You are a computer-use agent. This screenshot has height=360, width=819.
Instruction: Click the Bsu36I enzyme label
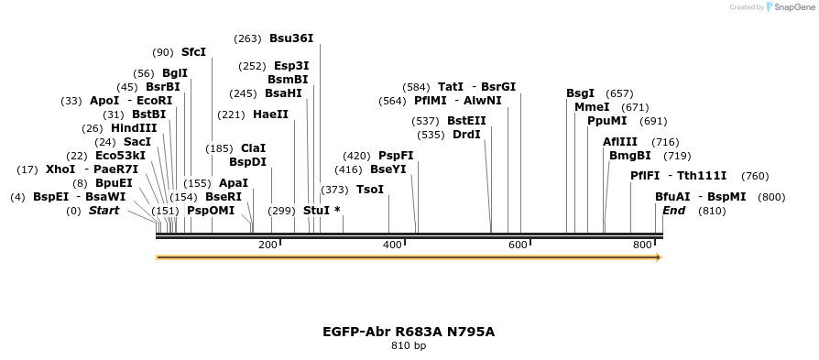tap(291, 38)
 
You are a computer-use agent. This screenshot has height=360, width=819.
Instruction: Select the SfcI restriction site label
tap(193, 52)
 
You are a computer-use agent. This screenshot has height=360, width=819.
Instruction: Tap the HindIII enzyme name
tap(134, 128)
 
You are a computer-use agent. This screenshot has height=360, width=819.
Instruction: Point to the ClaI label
tap(253, 147)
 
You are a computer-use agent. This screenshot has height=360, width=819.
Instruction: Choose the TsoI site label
tap(370, 190)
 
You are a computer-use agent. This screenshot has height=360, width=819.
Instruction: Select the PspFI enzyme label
tap(396, 156)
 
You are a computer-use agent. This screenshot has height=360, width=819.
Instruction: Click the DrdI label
tap(466, 135)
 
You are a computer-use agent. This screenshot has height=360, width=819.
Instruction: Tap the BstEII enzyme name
tap(466, 121)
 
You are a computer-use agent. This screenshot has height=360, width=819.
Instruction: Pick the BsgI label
tap(580, 93)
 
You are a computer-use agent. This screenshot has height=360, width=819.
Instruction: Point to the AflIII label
tap(620, 142)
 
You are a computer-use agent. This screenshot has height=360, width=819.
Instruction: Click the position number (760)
tap(755, 176)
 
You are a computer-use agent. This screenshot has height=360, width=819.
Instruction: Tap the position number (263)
tap(247, 38)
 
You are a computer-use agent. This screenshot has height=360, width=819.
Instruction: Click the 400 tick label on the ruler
tap(392, 245)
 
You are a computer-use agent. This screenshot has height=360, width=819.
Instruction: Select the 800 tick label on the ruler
tap(642, 245)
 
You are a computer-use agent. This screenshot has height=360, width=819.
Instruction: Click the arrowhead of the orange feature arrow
tap(657, 257)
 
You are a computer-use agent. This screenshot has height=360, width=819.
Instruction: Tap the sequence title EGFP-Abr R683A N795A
tap(409, 332)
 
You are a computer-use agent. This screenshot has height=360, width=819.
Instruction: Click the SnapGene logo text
tap(791, 7)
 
